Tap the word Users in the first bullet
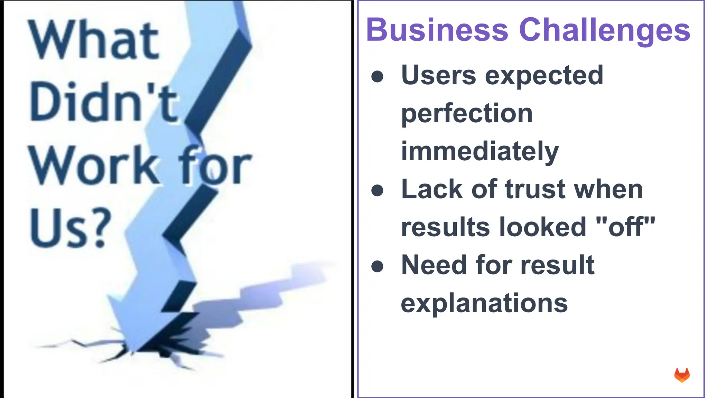[x=438, y=75]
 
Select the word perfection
[x=467, y=114]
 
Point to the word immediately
[x=479, y=152]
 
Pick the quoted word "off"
[x=626, y=227]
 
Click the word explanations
[x=484, y=303]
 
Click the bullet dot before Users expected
[x=377, y=77]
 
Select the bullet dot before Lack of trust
[x=377, y=190]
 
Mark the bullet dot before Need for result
[x=377, y=266]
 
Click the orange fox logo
[x=682, y=375]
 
